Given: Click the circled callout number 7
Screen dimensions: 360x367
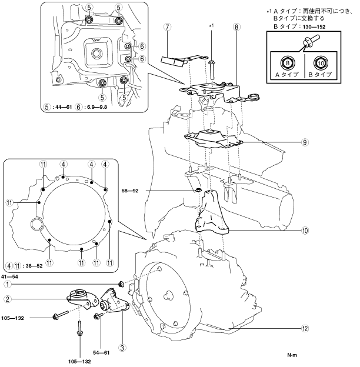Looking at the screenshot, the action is coord(167,28).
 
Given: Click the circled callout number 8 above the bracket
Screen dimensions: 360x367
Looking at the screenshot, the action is coord(236,28).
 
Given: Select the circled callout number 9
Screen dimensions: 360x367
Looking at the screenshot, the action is coord(305,142).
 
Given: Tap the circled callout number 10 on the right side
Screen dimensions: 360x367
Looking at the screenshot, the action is coord(305,231).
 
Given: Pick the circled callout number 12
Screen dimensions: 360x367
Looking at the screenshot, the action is coord(305,329).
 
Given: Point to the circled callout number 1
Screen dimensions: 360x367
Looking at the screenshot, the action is coord(8,285).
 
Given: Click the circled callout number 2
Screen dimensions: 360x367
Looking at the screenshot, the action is coord(8,299).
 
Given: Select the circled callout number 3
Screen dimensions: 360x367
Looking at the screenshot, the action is coord(122,348).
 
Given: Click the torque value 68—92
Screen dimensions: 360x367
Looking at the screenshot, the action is coord(130,191).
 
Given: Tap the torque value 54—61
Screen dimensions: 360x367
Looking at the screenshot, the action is coord(101,353).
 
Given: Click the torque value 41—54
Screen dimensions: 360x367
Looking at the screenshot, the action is coord(9,276).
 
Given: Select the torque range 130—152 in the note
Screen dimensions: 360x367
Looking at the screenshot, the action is coord(314,27).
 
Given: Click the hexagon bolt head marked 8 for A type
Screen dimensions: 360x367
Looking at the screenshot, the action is coord(288,63).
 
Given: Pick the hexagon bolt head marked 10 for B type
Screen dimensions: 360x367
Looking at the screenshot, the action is coord(321,63).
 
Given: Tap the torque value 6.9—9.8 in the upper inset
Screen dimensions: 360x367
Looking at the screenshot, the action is coord(97,107).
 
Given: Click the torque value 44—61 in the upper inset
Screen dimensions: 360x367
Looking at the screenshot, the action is coord(63,107).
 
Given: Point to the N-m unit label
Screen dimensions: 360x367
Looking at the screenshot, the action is coord(292,355).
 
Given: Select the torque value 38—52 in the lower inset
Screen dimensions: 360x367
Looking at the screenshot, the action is coord(34,266).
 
